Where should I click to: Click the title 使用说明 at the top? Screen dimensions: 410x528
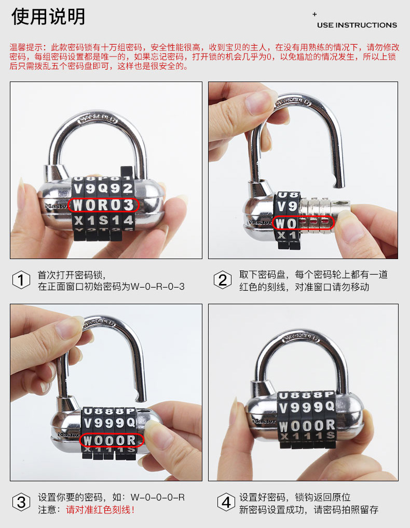[48, 17]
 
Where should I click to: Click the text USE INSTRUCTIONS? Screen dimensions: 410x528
[357, 25]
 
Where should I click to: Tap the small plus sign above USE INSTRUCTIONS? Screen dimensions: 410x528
[315, 14]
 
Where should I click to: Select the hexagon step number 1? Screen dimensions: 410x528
[21, 280]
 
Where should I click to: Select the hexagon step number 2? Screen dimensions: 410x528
[223, 280]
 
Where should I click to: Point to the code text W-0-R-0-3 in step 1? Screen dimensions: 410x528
[158, 287]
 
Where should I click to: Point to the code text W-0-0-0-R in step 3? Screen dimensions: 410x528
[158, 497]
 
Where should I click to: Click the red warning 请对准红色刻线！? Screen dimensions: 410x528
[100, 509]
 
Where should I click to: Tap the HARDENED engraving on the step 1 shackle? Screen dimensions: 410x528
[98, 120]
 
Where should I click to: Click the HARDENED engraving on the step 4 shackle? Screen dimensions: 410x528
[300, 338]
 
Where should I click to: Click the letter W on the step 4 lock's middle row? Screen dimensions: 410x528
[284, 427]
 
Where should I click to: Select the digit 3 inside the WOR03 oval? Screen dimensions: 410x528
[128, 205]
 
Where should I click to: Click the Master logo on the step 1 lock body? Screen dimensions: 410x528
[56, 206]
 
